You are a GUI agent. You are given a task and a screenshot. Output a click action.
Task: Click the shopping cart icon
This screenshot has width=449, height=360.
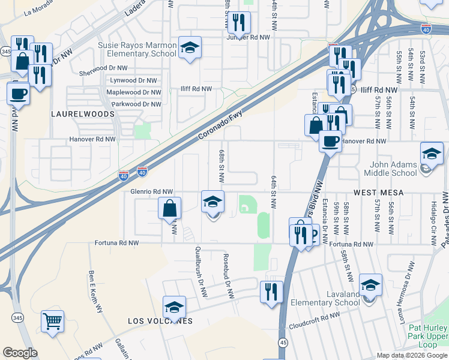coord(53,321)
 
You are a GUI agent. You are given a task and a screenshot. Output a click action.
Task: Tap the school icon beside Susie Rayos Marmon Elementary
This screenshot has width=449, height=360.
coord(190,48)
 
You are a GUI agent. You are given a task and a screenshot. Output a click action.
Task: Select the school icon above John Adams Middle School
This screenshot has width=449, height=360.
coord(432,153)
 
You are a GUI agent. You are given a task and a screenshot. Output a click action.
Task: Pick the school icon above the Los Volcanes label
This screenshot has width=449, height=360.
coord(174,307)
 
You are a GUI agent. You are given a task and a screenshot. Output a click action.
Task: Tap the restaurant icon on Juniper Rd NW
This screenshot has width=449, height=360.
coord(239,23)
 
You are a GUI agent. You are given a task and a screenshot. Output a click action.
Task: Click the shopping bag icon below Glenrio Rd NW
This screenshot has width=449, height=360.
coord(170,209)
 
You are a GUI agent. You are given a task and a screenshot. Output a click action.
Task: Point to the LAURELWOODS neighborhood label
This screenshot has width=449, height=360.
coord(74,113)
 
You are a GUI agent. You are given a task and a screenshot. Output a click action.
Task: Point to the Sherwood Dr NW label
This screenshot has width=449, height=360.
coord(103,68)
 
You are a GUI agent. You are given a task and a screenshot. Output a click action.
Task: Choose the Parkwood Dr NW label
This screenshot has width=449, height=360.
coord(133,104)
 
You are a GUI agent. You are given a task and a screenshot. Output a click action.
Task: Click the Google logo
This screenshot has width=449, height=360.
coord(20,353)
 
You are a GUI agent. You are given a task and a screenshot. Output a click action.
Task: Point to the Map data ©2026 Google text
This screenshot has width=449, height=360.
coord(411,355)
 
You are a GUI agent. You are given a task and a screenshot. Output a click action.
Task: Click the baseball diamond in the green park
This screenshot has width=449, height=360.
coord(246,207)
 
